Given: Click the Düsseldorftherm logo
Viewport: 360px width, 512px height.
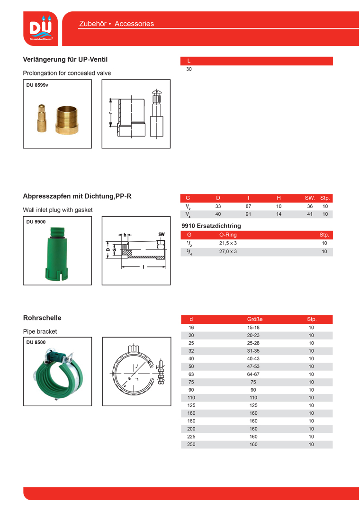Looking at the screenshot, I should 41,28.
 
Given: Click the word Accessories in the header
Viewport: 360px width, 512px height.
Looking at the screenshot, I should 134,24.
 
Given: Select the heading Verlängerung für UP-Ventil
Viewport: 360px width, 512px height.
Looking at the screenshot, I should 65,60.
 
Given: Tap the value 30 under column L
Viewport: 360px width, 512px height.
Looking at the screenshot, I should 189,69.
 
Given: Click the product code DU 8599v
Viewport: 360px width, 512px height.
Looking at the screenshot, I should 37,85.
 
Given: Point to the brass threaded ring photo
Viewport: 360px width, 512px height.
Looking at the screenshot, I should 67,119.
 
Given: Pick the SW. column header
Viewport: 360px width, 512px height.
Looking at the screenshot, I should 310,198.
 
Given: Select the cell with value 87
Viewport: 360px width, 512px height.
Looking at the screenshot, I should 248,207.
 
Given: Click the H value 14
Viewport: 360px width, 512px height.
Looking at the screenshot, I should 279,214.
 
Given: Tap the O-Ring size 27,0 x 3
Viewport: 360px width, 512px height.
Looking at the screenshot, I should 228,251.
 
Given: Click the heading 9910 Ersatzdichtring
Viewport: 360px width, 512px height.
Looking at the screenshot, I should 211,226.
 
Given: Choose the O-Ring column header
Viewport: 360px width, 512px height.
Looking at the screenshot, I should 228,235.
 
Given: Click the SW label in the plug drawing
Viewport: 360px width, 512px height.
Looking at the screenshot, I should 161,235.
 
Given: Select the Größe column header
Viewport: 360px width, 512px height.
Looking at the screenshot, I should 254,320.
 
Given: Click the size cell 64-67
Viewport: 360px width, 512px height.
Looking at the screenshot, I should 253,375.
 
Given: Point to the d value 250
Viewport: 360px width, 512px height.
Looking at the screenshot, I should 191,445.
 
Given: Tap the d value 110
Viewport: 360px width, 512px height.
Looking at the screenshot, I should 191,398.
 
